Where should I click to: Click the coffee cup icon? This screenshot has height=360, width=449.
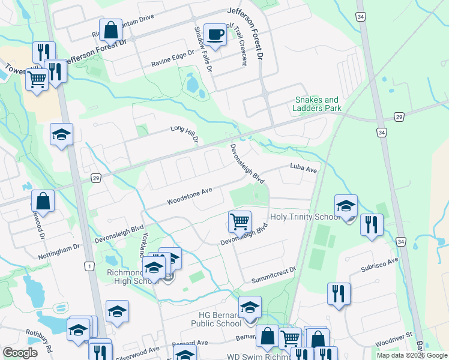point(214,34)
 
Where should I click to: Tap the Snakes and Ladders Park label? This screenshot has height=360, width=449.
point(316,104)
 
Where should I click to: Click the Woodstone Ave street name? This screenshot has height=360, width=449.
point(190,194)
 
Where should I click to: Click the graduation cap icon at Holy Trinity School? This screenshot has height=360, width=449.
point(346,206)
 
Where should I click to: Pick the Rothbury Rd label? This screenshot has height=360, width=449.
point(40,339)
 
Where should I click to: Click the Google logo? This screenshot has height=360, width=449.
point(20,353)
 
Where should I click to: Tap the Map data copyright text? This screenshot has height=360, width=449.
point(412,355)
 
